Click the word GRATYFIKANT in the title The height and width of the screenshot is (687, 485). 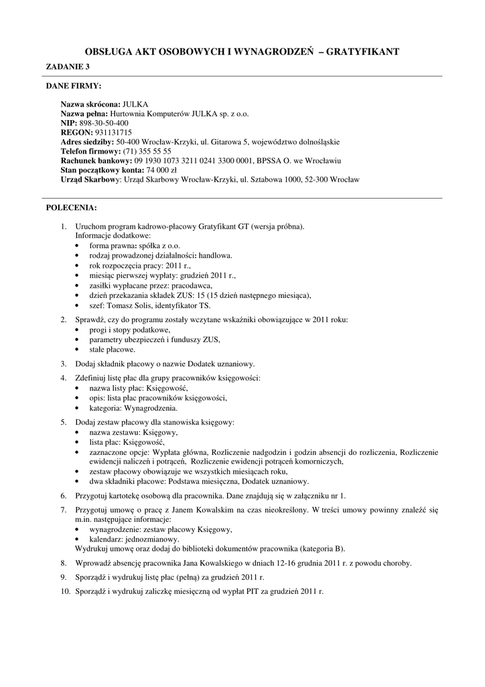[x=362, y=51]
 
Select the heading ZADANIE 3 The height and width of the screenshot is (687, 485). [x=67, y=66]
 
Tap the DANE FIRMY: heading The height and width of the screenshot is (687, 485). [x=74, y=87]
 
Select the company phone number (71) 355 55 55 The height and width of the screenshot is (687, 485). [x=147, y=152]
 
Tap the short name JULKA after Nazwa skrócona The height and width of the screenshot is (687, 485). [x=135, y=105]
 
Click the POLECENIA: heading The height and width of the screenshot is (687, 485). [x=71, y=207]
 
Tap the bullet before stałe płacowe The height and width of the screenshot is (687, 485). [x=80, y=350]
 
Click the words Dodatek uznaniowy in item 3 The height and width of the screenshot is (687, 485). [x=222, y=364]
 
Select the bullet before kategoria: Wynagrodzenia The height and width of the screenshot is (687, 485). [x=80, y=407]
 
